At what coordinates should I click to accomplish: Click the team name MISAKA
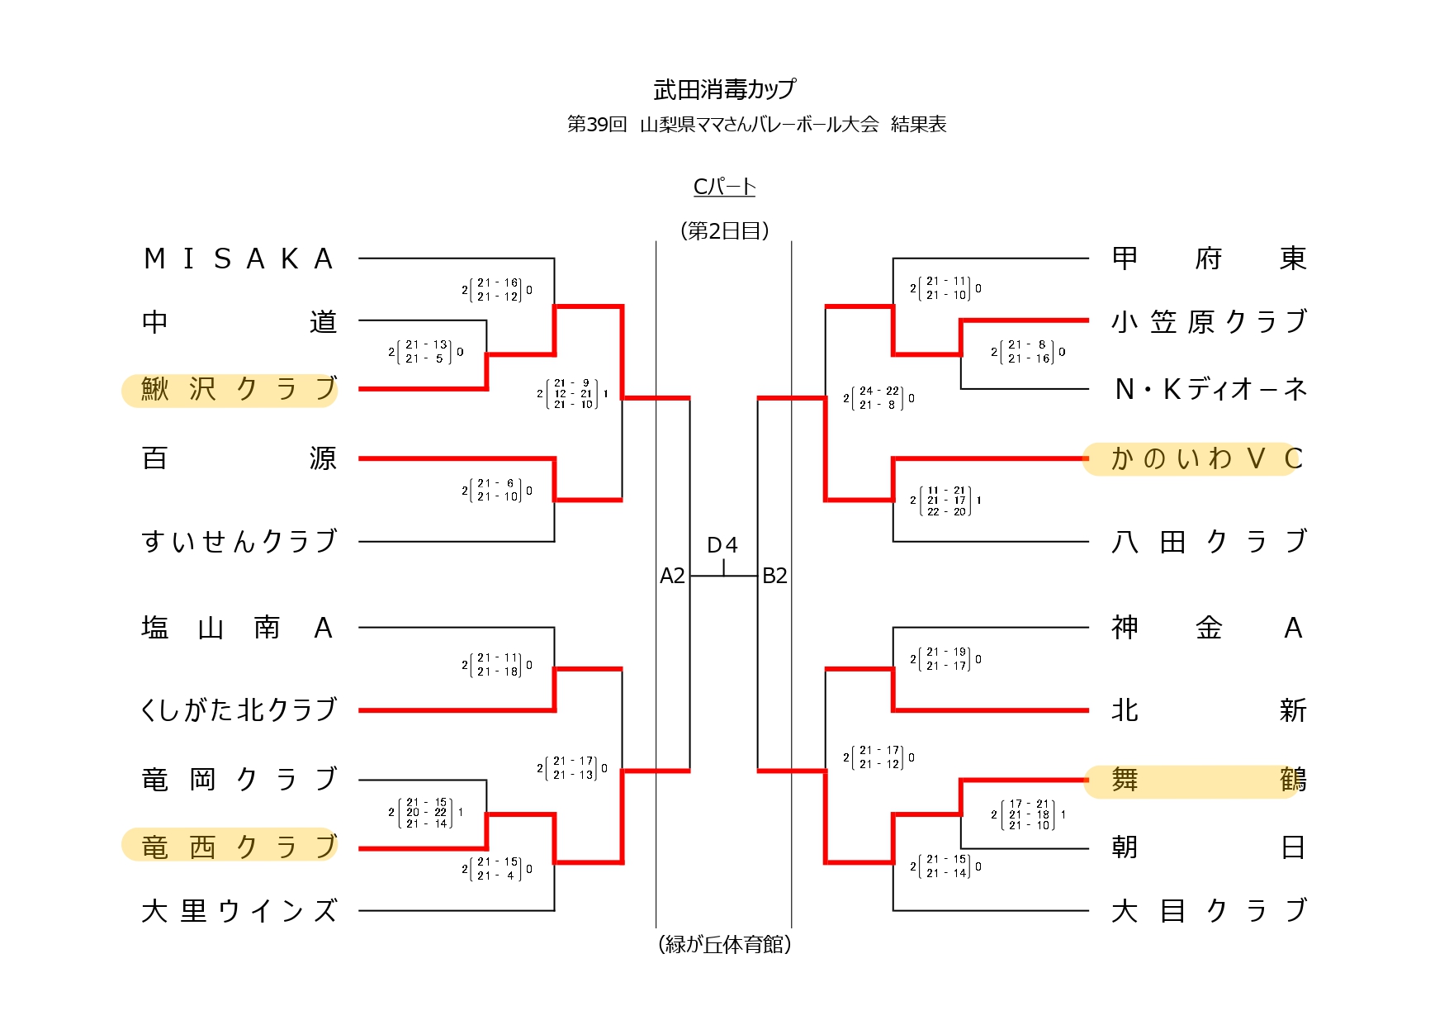[x=238, y=259]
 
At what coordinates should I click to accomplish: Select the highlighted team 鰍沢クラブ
[x=238, y=389]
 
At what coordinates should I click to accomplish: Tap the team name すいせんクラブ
[x=239, y=542]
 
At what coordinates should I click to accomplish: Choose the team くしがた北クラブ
[x=239, y=710]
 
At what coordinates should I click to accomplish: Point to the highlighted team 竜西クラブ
[x=238, y=847]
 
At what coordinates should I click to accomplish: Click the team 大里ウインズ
[x=239, y=911]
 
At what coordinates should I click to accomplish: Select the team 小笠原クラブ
[x=1209, y=321]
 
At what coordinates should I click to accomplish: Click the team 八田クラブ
[x=1209, y=542]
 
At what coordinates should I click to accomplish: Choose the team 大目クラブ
[x=1209, y=911]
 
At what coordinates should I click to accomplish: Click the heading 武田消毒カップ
[x=724, y=89]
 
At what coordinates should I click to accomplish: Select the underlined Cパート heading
[x=724, y=187]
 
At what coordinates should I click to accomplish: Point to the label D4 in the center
[x=722, y=545]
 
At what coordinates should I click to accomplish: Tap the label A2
[x=672, y=576]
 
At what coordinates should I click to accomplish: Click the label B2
[x=774, y=576]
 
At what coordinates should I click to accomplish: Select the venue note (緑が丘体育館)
[x=724, y=944]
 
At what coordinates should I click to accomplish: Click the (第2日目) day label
[x=724, y=231]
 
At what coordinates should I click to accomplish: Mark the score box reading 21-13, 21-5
[x=426, y=352]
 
